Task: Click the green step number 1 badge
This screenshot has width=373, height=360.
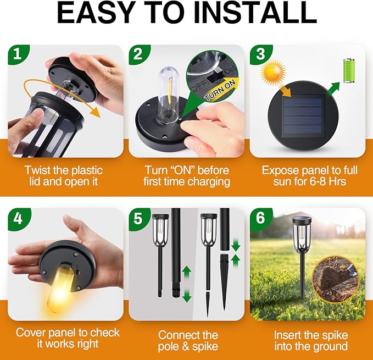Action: coord(18,55)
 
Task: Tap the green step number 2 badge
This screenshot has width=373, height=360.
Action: coord(138,55)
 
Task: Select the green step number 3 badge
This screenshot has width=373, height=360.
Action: coord(259,55)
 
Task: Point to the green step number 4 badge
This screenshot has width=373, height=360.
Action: coord(18,218)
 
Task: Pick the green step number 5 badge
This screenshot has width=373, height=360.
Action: coord(138,218)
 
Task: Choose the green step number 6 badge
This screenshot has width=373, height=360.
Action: coord(259,218)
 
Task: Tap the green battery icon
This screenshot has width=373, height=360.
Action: coord(349,70)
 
